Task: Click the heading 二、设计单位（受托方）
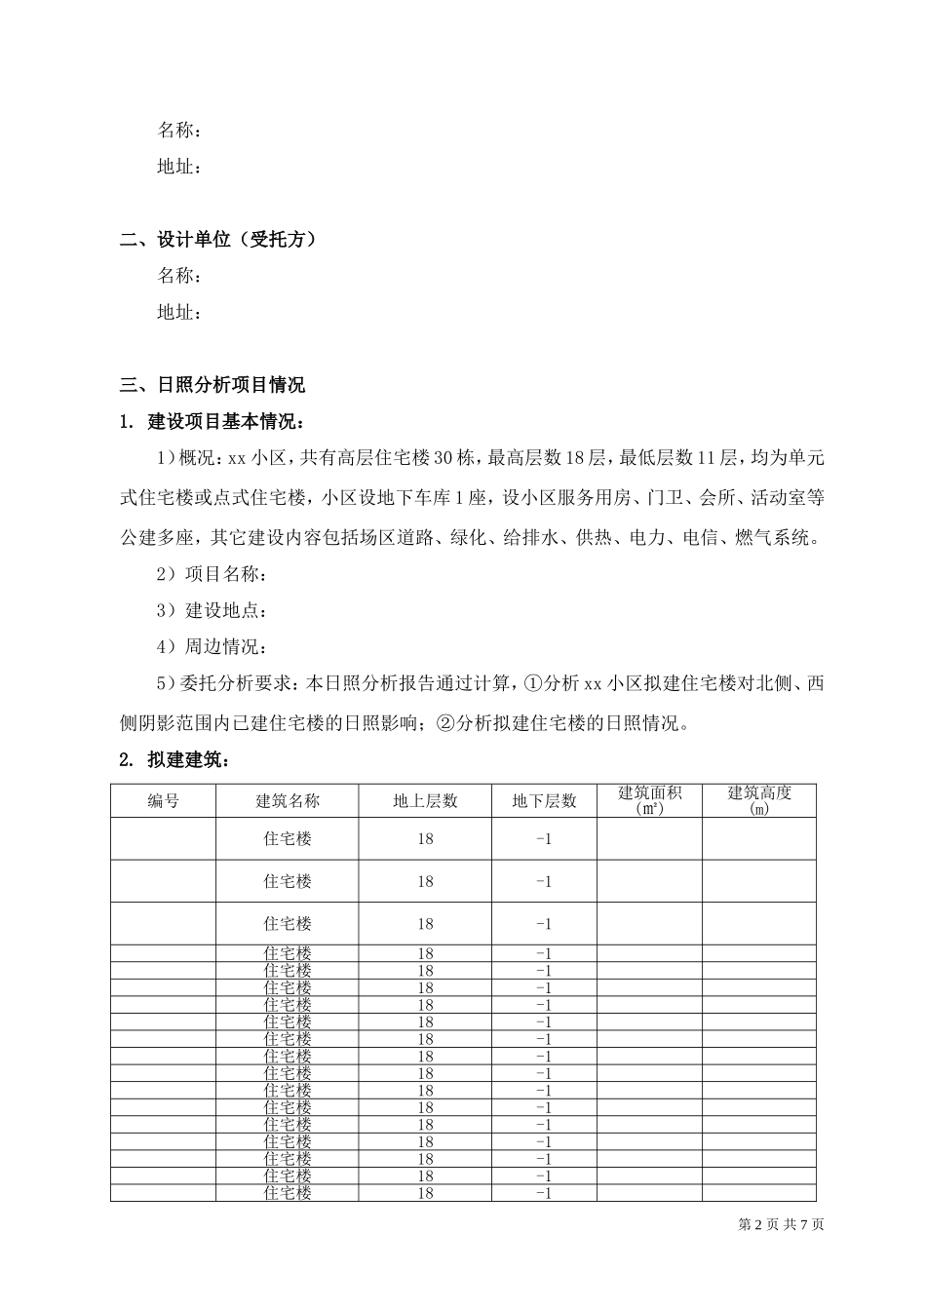(218, 239)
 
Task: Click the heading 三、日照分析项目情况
(212, 384)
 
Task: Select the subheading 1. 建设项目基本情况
(212, 422)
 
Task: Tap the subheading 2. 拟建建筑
(174, 759)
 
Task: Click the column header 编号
(163, 800)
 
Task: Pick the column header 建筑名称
(288, 800)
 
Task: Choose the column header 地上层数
(425, 800)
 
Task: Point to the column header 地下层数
(545, 800)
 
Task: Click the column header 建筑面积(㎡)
(650, 800)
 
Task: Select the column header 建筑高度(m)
(759, 800)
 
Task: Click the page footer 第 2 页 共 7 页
(782, 1224)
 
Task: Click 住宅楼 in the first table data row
(288, 838)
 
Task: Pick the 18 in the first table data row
(425, 838)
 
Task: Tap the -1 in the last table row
(545, 1193)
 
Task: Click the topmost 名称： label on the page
(180, 130)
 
